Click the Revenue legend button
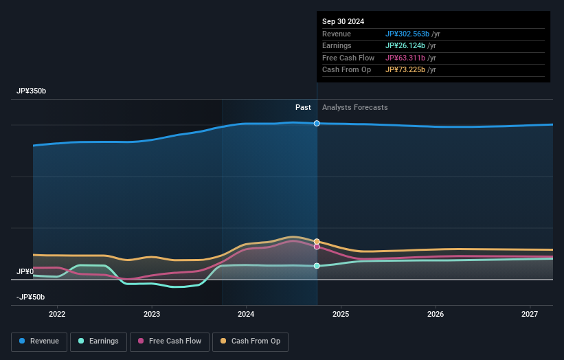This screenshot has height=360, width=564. click(x=39, y=341)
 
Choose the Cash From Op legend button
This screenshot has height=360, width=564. click(x=251, y=341)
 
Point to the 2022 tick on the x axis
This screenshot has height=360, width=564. click(x=57, y=315)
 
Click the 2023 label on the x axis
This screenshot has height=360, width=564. click(x=152, y=315)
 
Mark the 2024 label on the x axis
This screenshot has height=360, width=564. click(x=246, y=315)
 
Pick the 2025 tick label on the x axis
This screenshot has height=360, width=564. click(x=341, y=315)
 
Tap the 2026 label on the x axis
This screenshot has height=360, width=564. click(x=436, y=315)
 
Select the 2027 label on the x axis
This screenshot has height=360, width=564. click(x=530, y=315)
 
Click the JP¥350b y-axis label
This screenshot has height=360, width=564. click(x=32, y=91)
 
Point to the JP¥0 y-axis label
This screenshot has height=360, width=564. click(x=25, y=272)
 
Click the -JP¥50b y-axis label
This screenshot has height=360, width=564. click(x=31, y=297)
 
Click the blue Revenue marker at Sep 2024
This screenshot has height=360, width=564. click(x=317, y=124)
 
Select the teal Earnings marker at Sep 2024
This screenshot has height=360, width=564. click(x=317, y=266)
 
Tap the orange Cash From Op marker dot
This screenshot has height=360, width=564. click(x=317, y=241)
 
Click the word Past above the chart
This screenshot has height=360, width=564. click(x=303, y=108)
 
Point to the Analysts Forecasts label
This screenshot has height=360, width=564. click(x=354, y=108)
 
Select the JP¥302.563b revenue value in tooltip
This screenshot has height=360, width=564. click(x=407, y=34)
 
